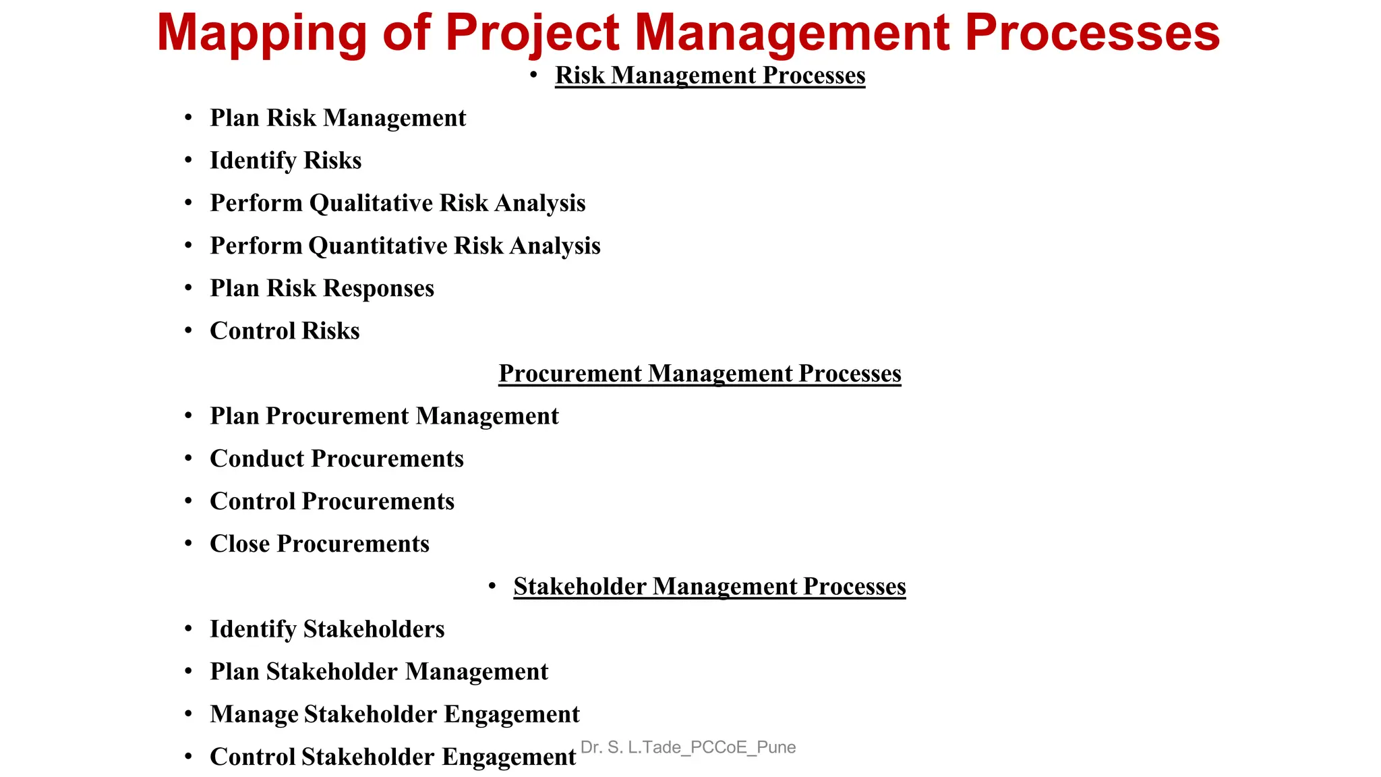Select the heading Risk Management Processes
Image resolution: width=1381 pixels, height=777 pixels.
click(709, 75)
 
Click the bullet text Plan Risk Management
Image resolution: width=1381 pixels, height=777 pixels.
click(337, 118)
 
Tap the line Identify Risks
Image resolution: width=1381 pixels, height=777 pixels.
click(285, 161)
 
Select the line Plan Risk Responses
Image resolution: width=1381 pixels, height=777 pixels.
click(322, 288)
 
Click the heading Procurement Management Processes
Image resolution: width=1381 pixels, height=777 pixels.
click(699, 373)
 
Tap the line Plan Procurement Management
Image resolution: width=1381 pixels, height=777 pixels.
click(384, 416)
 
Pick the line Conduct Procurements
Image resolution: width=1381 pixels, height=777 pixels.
click(336, 459)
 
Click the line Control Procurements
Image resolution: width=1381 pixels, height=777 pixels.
click(332, 501)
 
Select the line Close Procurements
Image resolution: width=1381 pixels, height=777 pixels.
click(319, 544)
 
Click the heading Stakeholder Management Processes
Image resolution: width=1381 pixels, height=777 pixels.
click(709, 586)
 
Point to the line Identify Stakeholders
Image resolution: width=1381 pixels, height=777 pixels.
click(327, 629)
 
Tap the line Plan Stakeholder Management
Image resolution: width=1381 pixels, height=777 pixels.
click(378, 672)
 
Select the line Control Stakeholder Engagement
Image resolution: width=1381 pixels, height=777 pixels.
click(392, 757)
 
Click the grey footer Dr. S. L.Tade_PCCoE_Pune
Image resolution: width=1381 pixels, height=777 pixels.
click(688, 747)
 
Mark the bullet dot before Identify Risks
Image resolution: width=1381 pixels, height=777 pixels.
click(189, 161)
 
